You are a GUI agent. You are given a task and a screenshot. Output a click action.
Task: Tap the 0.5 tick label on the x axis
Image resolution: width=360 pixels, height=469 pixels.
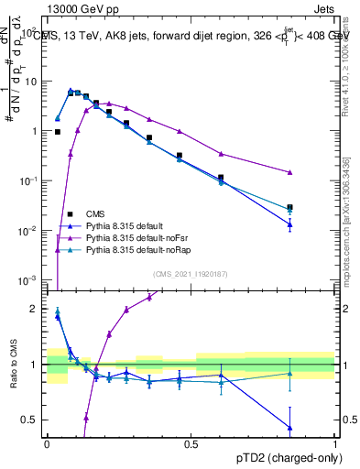click(x=191, y=444)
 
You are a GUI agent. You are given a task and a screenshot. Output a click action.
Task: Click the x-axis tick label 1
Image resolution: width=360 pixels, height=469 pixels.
click(x=335, y=444)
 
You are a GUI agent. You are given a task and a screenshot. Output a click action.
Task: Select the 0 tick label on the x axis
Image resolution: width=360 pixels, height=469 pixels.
click(x=47, y=444)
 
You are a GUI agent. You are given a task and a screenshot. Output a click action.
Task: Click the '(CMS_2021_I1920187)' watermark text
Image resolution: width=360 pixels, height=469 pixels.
click(x=190, y=274)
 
